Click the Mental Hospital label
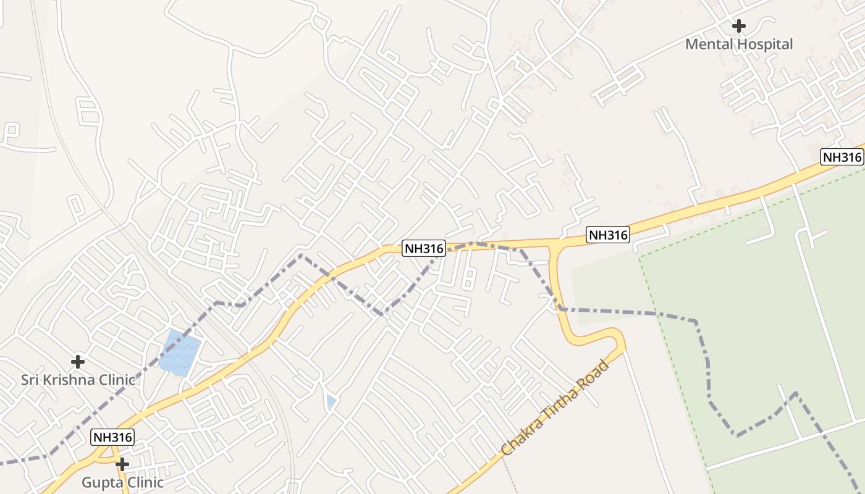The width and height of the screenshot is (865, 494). pos(739,44)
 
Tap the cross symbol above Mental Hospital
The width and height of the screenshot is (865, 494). pos(738,26)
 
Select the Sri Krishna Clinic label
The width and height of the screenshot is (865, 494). pos(78,380)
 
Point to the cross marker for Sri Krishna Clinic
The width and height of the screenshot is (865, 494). pos(78,361)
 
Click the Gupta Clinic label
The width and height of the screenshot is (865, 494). pos(122,482)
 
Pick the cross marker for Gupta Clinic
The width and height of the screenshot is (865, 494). pos(122,464)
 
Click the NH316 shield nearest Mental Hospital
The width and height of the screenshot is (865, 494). pos(842,157)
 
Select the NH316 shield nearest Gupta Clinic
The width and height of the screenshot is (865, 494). pos(112,437)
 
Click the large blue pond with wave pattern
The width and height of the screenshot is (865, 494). pos(180,353)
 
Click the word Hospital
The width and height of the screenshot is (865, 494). pos(764,44)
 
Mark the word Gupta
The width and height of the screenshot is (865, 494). pos(101,482)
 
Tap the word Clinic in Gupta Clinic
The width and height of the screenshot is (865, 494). pos(144,482)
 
